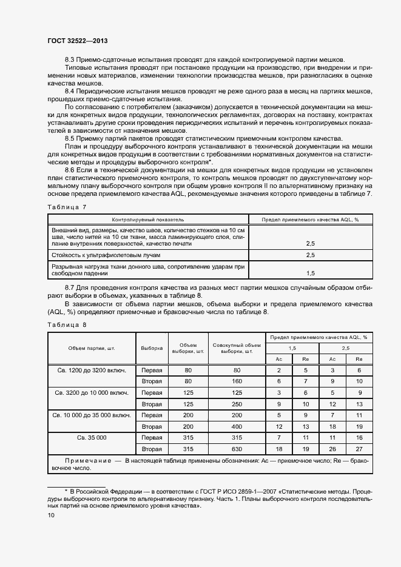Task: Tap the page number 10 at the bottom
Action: [51, 515]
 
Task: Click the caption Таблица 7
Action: [67, 207]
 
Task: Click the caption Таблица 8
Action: [67, 324]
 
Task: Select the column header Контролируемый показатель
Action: [147, 219]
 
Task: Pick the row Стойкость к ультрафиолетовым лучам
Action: [106, 255]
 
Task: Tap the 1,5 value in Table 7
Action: [310, 273]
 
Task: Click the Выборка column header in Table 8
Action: [151, 349]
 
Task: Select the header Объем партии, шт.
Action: [92, 349]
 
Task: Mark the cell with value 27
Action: [359, 449]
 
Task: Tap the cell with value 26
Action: [332, 449]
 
